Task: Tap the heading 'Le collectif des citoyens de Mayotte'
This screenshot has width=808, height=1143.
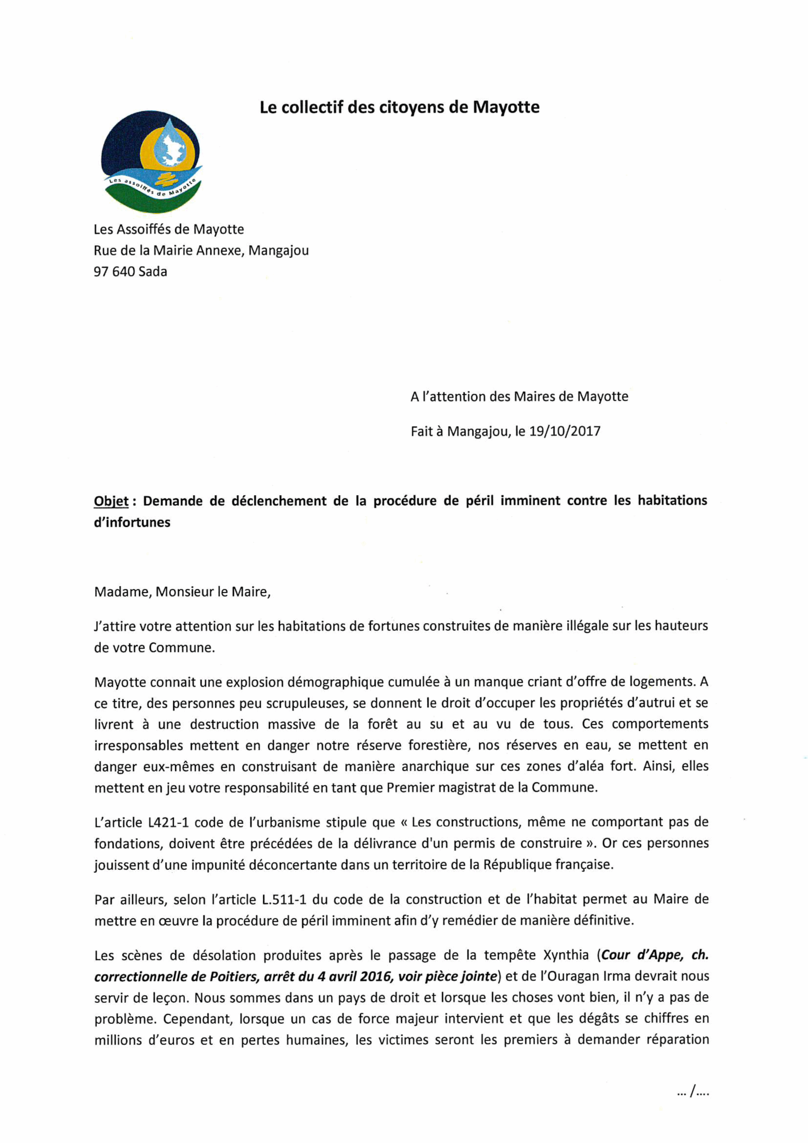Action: (399, 107)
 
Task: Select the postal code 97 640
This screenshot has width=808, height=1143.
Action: (114, 272)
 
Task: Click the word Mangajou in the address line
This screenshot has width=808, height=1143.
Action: (278, 250)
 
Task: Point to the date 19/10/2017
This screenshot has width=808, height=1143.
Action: (565, 431)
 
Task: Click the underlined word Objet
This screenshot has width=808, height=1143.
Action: (111, 501)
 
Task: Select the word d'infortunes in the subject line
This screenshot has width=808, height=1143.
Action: (132, 522)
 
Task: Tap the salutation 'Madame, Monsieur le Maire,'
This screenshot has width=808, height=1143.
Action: (182, 592)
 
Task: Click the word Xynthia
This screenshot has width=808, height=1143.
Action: (566, 955)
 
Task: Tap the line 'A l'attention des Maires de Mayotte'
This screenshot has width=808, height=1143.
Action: (519, 397)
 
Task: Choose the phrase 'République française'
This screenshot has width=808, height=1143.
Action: (548, 865)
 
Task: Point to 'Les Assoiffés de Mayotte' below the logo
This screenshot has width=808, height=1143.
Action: (169, 229)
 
